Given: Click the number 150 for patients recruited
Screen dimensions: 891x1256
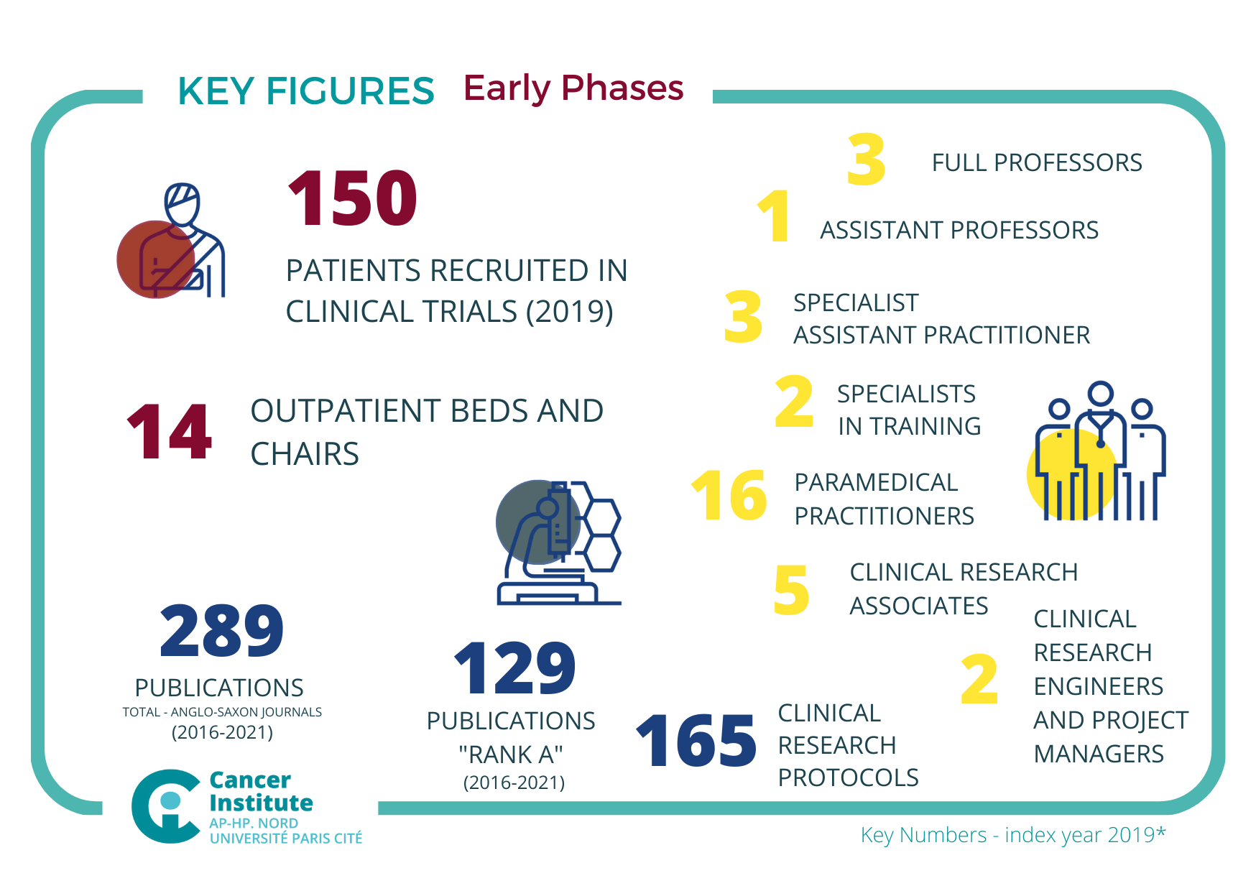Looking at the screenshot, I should [352, 198].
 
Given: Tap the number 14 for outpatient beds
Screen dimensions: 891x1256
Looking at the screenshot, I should [170, 432].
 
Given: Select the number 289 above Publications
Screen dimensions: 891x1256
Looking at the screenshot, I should [221, 631].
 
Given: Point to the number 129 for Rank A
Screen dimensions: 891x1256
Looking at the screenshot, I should [514, 669].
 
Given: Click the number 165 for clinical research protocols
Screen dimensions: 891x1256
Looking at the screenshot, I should [696, 741].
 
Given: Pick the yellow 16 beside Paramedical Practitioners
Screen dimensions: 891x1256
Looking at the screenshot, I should [729, 495].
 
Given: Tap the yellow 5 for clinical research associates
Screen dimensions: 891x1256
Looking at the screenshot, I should [791, 591].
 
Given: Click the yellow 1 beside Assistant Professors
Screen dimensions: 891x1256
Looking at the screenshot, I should [774, 216].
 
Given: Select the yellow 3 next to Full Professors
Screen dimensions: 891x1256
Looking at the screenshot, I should [866, 160].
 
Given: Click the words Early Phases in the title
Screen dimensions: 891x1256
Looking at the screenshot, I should [573, 88].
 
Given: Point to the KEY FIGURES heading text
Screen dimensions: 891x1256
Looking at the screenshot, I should [306, 92].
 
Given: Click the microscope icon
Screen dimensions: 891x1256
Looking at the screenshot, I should [559, 543].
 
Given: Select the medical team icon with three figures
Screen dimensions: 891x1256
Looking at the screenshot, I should [1098, 451].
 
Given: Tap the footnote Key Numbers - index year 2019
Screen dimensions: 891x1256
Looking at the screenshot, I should [1012, 835].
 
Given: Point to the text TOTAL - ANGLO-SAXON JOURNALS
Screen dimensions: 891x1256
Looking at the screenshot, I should [222, 712].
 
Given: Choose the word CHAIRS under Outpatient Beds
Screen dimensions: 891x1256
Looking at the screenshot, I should [305, 454].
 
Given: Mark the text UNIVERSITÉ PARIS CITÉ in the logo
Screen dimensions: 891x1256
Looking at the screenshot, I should [286, 839].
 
